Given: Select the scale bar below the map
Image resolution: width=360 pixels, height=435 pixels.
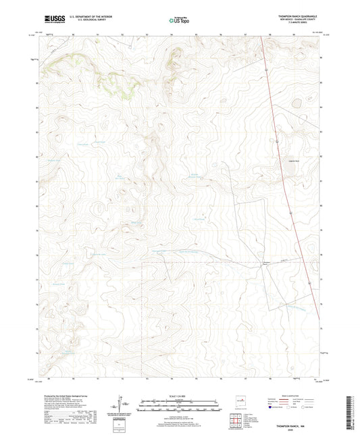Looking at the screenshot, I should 179,405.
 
